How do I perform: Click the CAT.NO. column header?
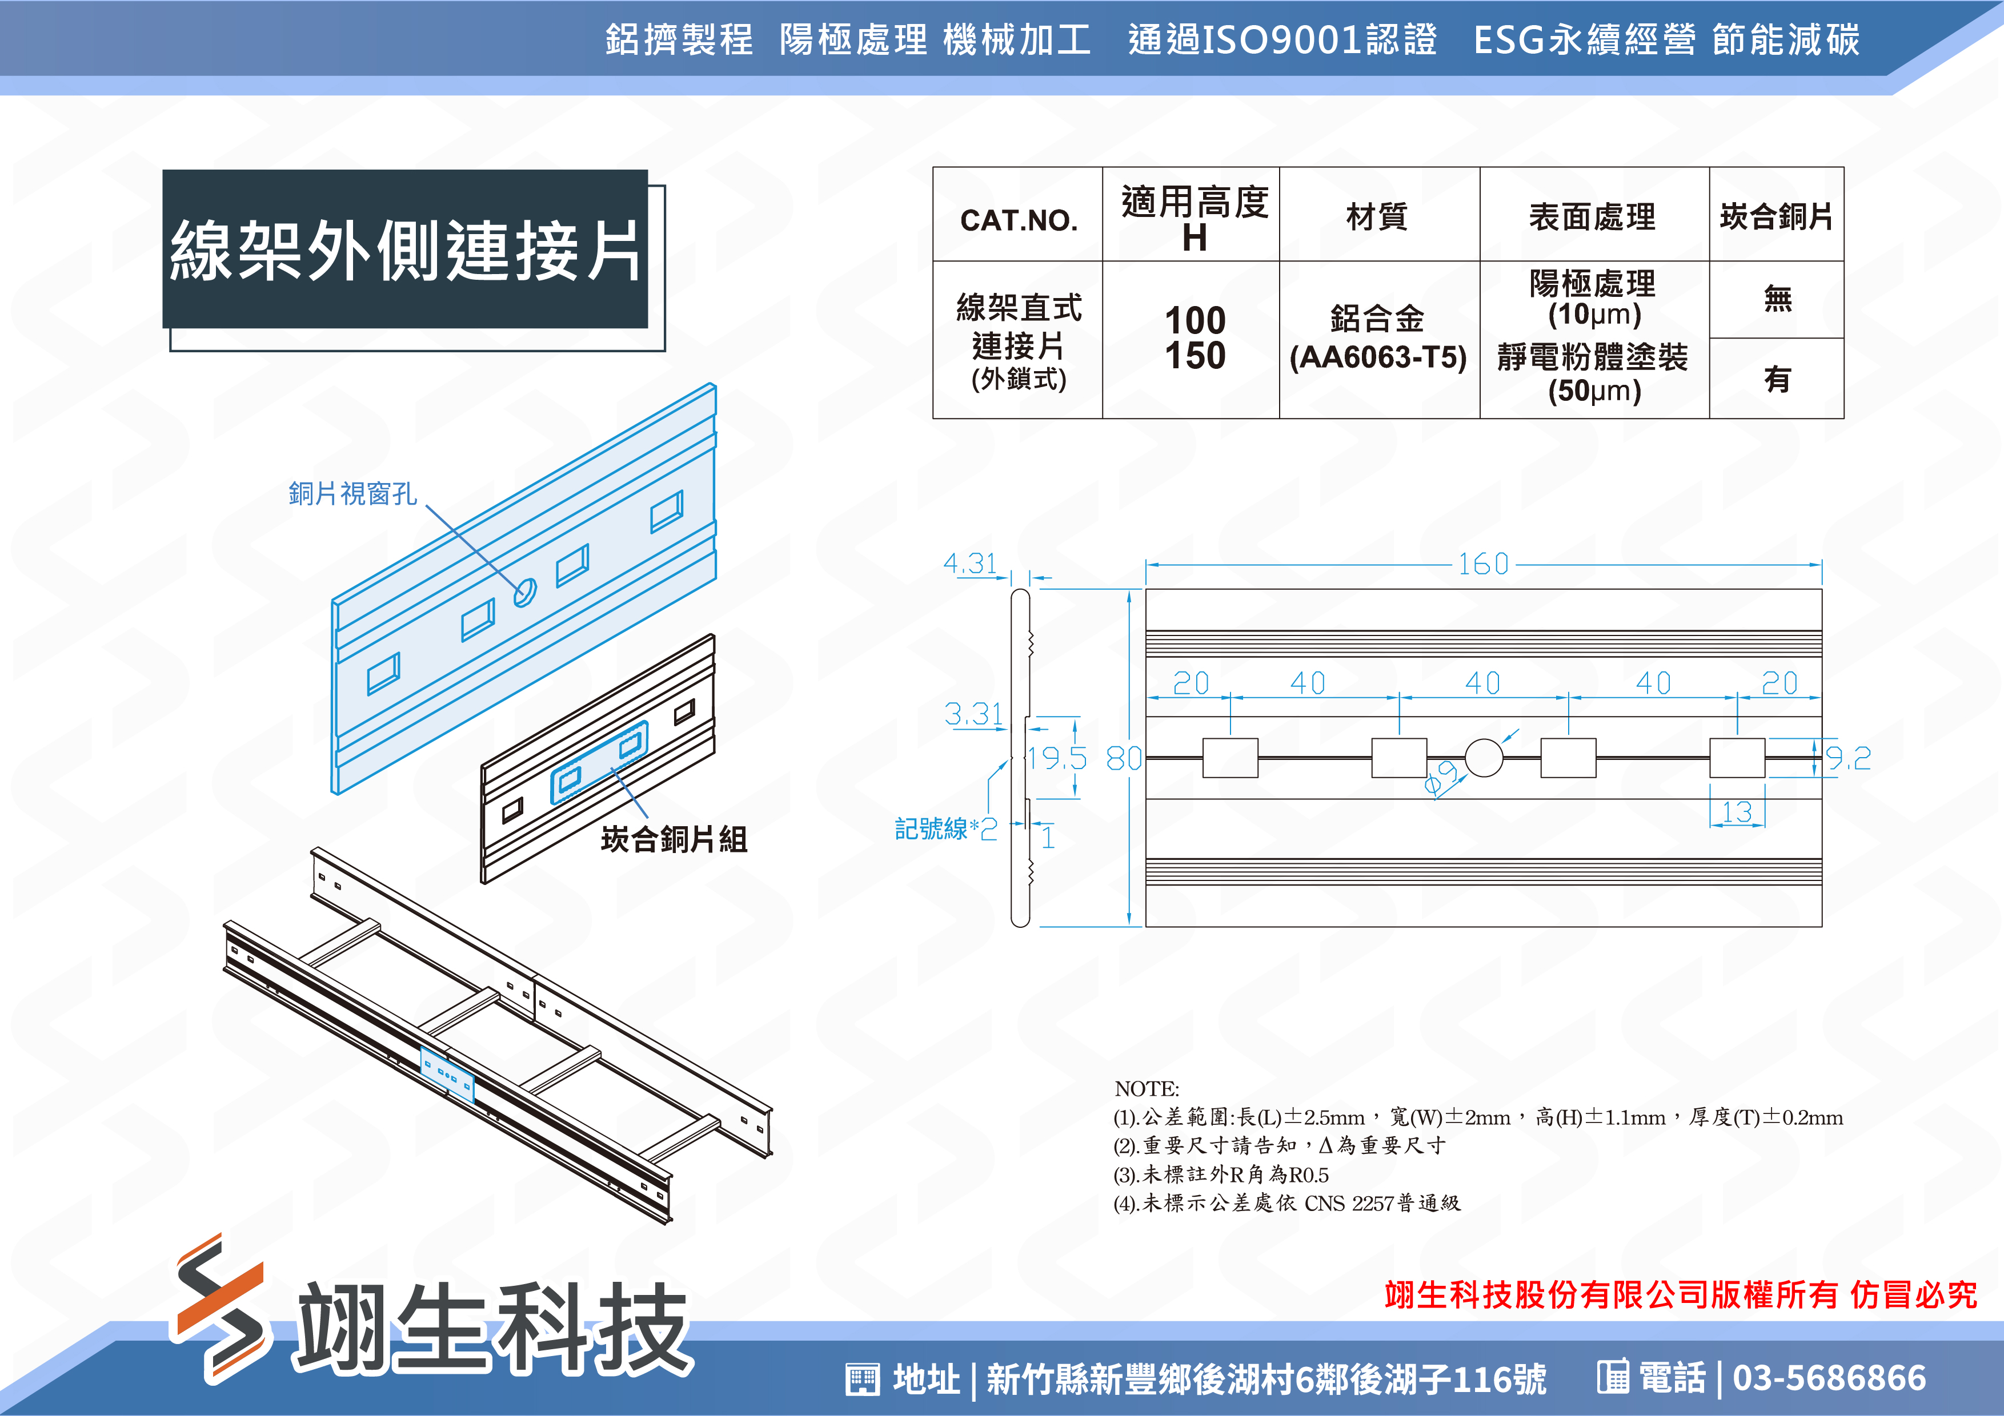1019,220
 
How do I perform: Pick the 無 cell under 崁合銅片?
1777,299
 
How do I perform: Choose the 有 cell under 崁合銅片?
1777,379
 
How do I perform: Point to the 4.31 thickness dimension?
969,563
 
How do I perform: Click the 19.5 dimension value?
1057,758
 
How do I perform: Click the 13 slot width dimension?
1737,812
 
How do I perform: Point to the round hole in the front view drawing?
1484,757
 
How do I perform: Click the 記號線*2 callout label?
945,828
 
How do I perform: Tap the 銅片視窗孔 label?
352,494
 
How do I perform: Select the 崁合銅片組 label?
674,839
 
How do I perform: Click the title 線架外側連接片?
406,251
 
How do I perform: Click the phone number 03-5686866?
1829,1378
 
